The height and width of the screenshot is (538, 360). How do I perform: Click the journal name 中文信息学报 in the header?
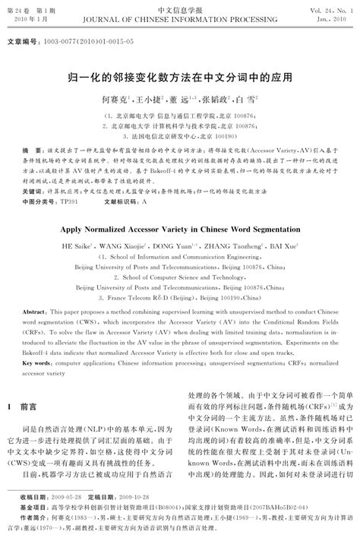pyautogui.click(x=180, y=7)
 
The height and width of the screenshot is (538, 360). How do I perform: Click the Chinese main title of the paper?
pyautogui.click(x=179, y=78)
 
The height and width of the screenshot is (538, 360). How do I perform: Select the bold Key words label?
pyautogui.click(x=36, y=364)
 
